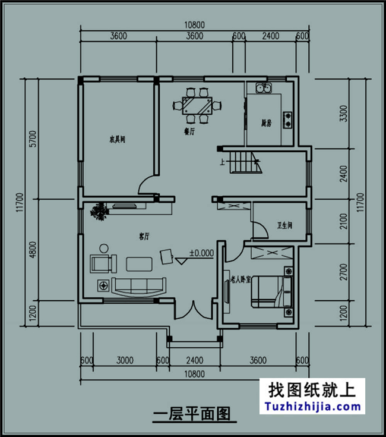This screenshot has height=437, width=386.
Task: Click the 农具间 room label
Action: [x=116, y=140]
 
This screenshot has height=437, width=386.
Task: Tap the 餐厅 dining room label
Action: [x=191, y=133]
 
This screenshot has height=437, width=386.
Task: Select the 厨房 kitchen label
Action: [x=267, y=124]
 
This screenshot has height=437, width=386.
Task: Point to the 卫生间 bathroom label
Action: [x=284, y=225]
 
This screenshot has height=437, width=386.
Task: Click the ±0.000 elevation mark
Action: [x=201, y=253]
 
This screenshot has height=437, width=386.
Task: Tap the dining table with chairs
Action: [x=198, y=106]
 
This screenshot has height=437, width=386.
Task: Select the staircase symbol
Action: [x=245, y=162]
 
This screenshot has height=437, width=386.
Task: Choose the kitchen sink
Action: [x=263, y=90]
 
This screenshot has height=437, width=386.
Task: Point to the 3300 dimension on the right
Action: [x=342, y=113]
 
